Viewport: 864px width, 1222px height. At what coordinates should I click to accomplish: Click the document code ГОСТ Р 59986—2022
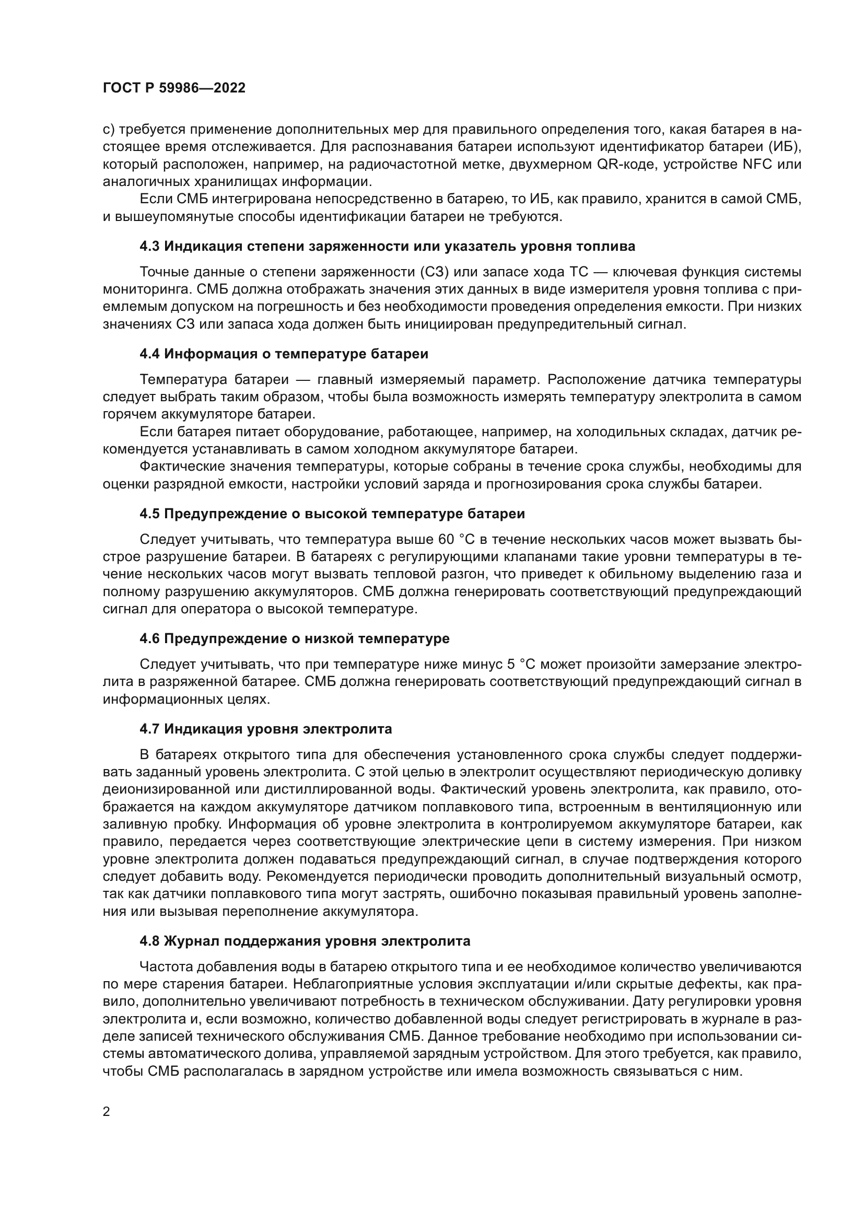174,88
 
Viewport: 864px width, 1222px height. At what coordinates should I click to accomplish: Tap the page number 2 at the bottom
107,1097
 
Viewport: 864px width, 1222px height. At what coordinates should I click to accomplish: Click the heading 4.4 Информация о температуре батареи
284,354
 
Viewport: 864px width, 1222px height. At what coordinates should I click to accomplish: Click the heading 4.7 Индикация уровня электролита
265,729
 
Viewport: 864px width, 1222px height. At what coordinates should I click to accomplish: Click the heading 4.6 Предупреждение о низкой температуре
294,638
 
